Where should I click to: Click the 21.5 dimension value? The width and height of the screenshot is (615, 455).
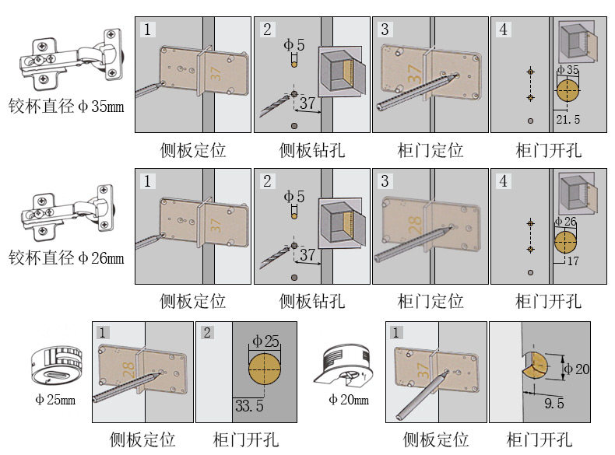(x=569, y=119)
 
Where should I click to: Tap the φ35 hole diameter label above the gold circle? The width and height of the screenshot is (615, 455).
(x=568, y=71)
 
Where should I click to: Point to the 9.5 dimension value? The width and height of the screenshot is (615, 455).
(x=554, y=404)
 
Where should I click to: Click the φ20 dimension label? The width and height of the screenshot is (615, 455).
(x=577, y=369)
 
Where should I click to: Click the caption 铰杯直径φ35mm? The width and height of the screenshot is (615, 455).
(x=66, y=106)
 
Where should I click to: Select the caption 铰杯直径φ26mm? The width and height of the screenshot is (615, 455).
(x=66, y=257)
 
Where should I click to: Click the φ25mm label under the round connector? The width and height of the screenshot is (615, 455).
(x=54, y=400)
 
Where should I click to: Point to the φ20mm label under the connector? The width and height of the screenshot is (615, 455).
(x=349, y=400)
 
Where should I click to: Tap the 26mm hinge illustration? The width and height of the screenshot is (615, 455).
(x=70, y=210)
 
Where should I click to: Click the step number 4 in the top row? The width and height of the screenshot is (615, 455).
(x=504, y=30)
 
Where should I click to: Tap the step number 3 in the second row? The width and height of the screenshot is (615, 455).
(x=385, y=181)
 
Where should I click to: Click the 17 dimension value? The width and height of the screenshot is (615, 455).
(x=573, y=261)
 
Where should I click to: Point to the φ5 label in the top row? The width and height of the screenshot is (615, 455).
(x=294, y=44)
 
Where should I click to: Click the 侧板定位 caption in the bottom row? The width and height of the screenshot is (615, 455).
(x=142, y=439)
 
